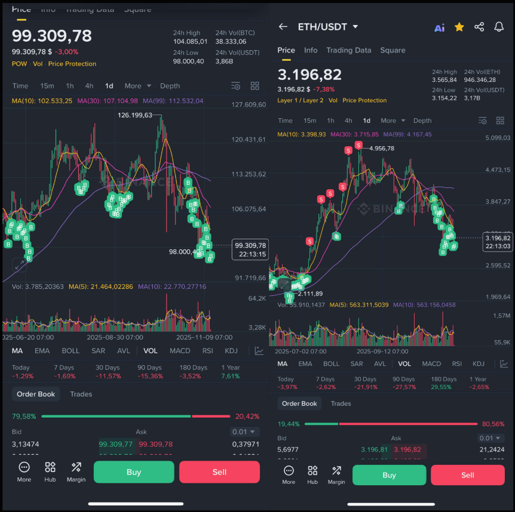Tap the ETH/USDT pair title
pyautogui.click(x=323, y=27)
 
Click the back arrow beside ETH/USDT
pyautogui.click(x=283, y=27)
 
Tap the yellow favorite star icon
pyautogui.click(x=459, y=27)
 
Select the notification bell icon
pyautogui.click(x=499, y=27)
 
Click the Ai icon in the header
pyautogui.click(x=439, y=27)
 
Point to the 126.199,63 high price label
pyautogui.click(x=135, y=115)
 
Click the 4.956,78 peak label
pyautogui.click(x=382, y=148)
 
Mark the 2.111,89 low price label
pyautogui.click(x=310, y=293)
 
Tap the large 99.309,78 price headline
pyautogui.click(x=52, y=36)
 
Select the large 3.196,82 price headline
pyautogui.click(x=309, y=75)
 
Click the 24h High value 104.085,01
pyautogui.click(x=190, y=42)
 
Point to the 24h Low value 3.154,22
pyautogui.click(x=444, y=98)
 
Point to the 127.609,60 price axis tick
pyautogui.click(x=248, y=105)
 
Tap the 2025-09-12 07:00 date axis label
pyautogui.click(x=382, y=352)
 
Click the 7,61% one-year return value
pyautogui.click(x=230, y=376)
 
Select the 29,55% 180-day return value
pyautogui.click(x=443, y=387)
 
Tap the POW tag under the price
pyautogui.click(x=19, y=64)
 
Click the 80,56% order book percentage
pyautogui.click(x=493, y=424)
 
